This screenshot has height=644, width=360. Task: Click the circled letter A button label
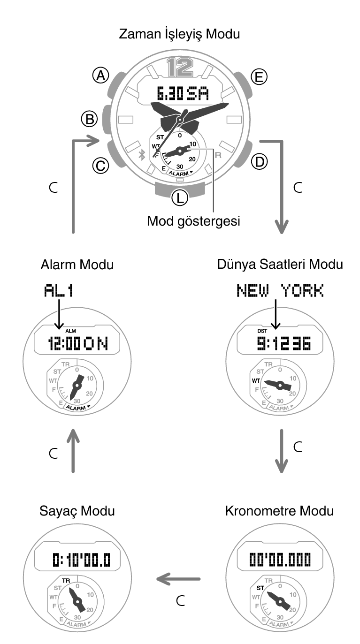[101, 76]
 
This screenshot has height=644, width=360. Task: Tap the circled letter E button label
[259, 77]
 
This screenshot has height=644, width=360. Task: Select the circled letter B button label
[90, 119]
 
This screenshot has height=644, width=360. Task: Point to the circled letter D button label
[259, 162]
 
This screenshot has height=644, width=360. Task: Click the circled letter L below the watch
[180, 198]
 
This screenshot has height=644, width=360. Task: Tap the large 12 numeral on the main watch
[180, 67]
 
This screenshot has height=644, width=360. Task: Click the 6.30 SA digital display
[183, 94]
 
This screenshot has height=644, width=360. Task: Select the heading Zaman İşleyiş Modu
[179, 34]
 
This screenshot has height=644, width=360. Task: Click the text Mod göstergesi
[193, 221]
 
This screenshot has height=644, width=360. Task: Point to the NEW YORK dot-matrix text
[280, 290]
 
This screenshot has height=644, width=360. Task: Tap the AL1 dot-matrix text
[58, 290]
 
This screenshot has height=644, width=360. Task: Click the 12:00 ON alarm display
[78, 343]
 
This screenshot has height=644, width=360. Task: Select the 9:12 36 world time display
[284, 343]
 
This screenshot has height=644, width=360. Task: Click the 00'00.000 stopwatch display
[280, 560]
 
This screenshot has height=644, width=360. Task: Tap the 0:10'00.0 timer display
[81, 560]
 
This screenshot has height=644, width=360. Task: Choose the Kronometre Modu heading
[279, 511]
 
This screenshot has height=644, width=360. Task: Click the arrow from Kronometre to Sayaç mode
[178, 579]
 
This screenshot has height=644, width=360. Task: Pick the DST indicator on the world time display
[262, 331]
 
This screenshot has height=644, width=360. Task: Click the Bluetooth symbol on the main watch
[142, 155]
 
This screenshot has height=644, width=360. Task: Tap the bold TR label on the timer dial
[66, 581]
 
